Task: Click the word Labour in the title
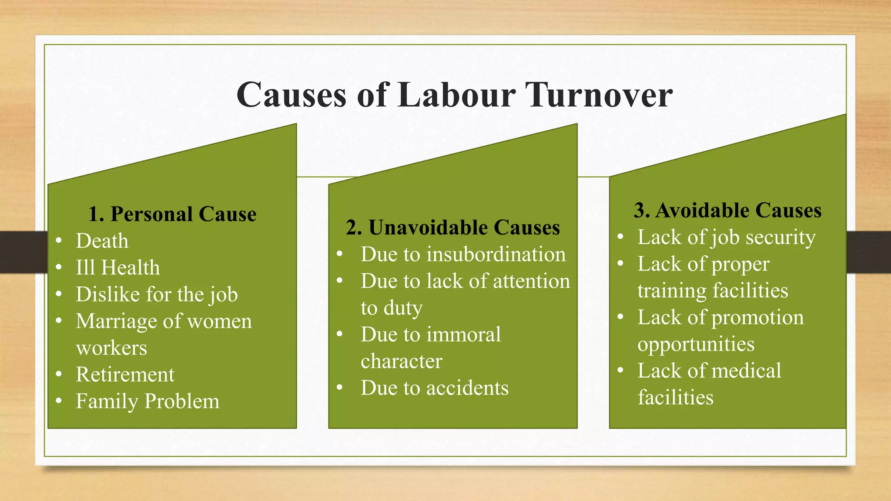tap(456, 95)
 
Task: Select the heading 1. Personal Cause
tap(172, 214)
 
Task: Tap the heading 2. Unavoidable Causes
tap(453, 227)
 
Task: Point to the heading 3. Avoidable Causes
tap(727, 210)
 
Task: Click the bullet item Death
tap(102, 241)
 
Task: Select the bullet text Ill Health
tap(118, 267)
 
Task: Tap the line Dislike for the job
tap(157, 294)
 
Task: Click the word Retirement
tap(125, 374)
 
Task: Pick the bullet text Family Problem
tap(147, 401)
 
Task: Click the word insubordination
tap(496, 254)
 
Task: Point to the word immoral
tap(463, 334)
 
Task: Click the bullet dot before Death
tap(59, 240)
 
